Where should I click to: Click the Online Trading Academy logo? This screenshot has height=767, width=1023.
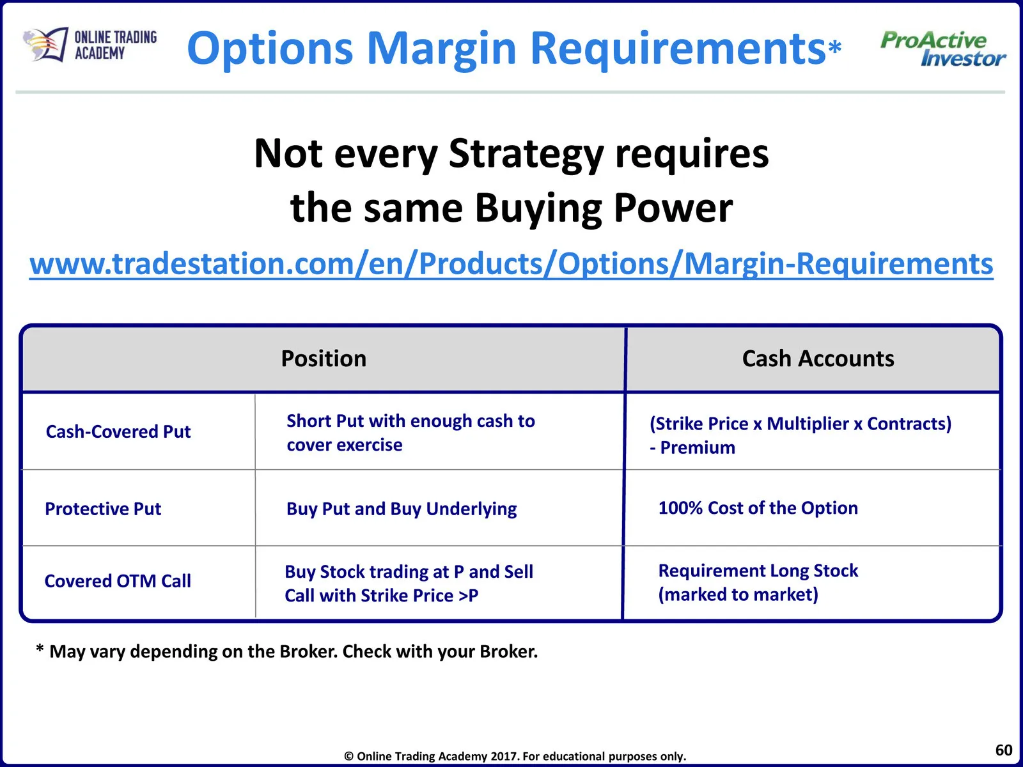[90, 45]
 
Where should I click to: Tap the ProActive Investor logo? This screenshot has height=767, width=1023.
[943, 49]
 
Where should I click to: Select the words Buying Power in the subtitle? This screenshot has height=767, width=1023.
[604, 209]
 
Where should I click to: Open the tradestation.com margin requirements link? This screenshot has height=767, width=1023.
[511, 264]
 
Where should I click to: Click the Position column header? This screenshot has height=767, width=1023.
[324, 359]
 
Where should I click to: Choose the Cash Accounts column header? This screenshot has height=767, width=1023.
[818, 359]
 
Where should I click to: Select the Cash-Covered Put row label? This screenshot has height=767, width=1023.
[118, 431]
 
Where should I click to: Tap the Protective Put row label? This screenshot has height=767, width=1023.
[103, 509]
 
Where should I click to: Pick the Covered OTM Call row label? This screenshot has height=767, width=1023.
[118, 581]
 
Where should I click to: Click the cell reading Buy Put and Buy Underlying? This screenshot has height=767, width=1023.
[402, 509]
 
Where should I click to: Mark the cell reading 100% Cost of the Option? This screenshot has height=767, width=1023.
[758, 507]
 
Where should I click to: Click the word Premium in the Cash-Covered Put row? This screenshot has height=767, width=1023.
[698, 447]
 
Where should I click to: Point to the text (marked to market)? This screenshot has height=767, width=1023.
[738, 594]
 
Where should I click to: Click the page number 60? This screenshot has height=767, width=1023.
[1003, 750]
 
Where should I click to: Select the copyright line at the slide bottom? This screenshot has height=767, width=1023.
[515, 756]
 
